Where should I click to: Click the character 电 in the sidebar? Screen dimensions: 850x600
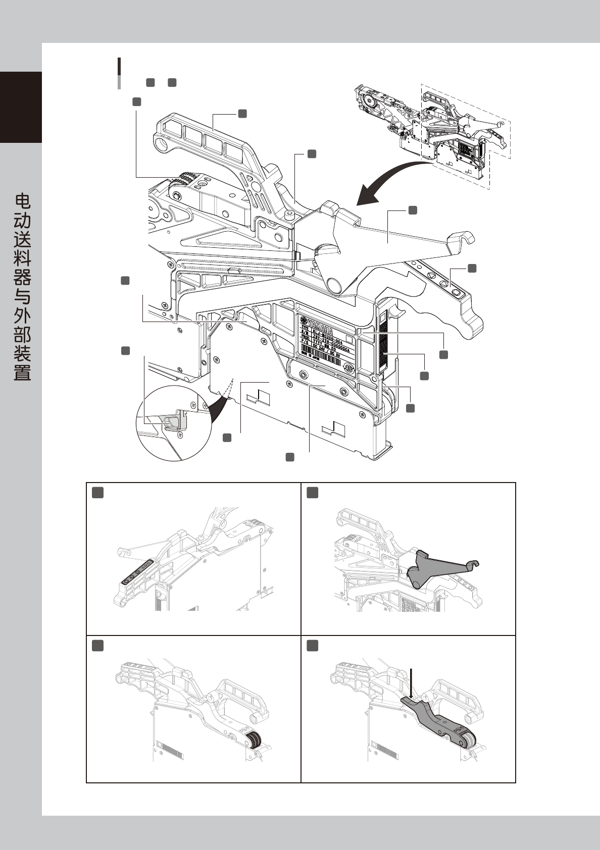click(22, 201)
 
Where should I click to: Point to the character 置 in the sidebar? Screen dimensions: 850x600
click(22, 374)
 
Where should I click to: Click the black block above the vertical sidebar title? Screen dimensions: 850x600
click(21, 107)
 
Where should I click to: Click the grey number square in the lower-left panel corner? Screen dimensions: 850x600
click(98, 646)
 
